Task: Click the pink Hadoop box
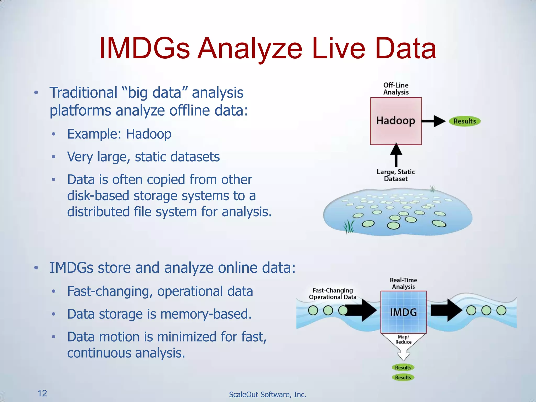pyautogui.click(x=396, y=121)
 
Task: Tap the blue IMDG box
pyautogui.click(x=404, y=312)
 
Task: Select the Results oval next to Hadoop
pyautogui.click(x=465, y=121)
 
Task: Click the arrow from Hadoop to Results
pyautogui.click(x=433, y=121)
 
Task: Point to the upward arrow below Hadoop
pyautogui.click(x=396, y=155)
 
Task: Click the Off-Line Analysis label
pyautogui.click(x=396, y=89)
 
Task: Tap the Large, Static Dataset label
pyautogui.click(x=396, y=175)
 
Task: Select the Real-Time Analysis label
pyautogui.click(x=403, y=283)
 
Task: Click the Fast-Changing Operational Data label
pyautogui.click(x=333, y=294)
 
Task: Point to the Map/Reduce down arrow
pyautogui.click(x=403, y=345)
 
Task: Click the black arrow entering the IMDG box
pyautogui.click(x=362, y=310)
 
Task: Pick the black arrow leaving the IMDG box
pyautogui.click(x=446, y=310)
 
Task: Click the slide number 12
pyautogui.click(x=42, y=393)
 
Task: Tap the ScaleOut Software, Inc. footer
pyautogui.click(x=267, y=394)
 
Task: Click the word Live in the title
pyautogui.click(x=339, y=49)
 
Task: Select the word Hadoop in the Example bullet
pyautogui.click(x=149, y=134)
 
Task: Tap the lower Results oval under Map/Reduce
pyautogui.click(x=403, y=377)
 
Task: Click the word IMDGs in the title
pyautogui.click(x=144, y=49)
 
